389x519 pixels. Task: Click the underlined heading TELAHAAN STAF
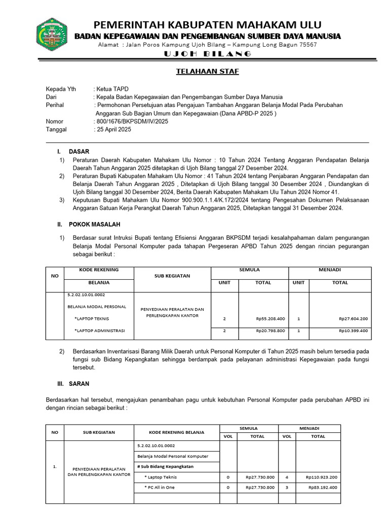tap(207, 71)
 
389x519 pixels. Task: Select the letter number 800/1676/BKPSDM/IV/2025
tap(132, 122)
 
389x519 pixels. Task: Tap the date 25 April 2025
tap(114, 130)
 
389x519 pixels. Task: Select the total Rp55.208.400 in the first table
tap(270, 319)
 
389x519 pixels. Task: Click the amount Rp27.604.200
tap(353, 319)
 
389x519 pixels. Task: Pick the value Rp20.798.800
tap(270, 330)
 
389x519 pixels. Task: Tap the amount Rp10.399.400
tap(353, 330)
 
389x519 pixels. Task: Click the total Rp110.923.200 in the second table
tap(322, 477)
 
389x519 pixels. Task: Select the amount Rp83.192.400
tap(323, 487)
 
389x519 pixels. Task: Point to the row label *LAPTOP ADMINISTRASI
tap(100, 330)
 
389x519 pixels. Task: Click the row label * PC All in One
tap(161, 487)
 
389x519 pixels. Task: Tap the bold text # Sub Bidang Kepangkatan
tap(165, 466)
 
